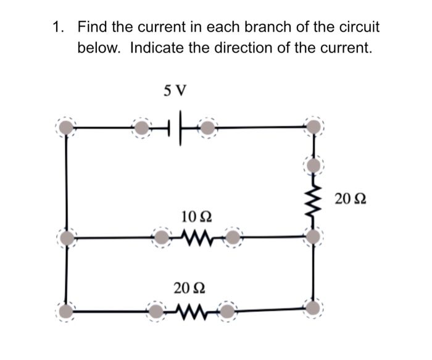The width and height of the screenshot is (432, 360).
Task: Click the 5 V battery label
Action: point(175,91)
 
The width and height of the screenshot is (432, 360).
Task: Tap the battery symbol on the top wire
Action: point(180,128)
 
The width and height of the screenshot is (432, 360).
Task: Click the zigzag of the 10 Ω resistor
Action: point(197,237)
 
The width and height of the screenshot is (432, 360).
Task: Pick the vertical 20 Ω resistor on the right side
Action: point(314,201)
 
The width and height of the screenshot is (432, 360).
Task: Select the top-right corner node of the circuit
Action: point(314,127)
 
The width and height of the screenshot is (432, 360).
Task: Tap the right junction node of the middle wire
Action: point(314,237)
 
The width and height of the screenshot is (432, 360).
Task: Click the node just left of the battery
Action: point(143,128)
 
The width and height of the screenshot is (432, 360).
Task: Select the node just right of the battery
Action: point(208,128)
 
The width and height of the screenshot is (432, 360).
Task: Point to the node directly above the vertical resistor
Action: point(314,165)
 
